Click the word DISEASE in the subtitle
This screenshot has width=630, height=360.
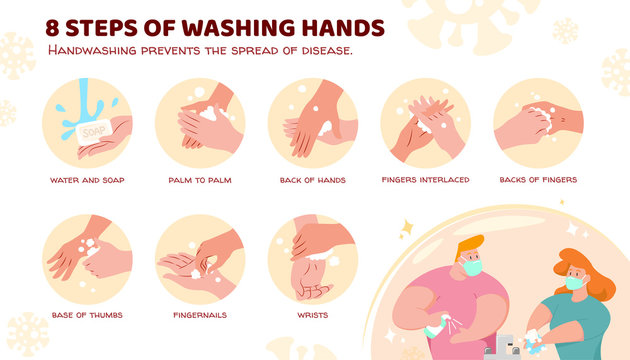pos(319,50)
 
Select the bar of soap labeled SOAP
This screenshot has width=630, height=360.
pos(93,130)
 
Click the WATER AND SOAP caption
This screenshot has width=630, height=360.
pos(88,180)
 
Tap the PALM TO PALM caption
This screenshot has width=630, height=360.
pos(201,180)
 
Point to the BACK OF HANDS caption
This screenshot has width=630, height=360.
pos(313,180)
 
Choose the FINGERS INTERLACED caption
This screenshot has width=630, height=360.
pos(426,180)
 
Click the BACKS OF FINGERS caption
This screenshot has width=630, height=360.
pos(538,180)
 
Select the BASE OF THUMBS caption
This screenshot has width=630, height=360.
pos(88,315)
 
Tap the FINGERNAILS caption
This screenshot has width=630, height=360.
pos(201,315)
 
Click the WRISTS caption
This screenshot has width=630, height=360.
pos(313,315)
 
